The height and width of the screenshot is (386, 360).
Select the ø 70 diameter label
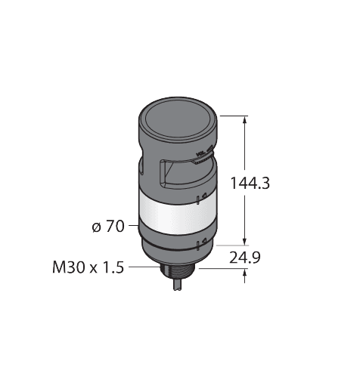(x=108, y=225)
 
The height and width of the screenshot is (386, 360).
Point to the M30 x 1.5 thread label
(x=86, y=266)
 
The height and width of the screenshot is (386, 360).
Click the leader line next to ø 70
(x=132, y=225)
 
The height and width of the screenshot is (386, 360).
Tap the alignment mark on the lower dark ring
(x=199, y=243)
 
